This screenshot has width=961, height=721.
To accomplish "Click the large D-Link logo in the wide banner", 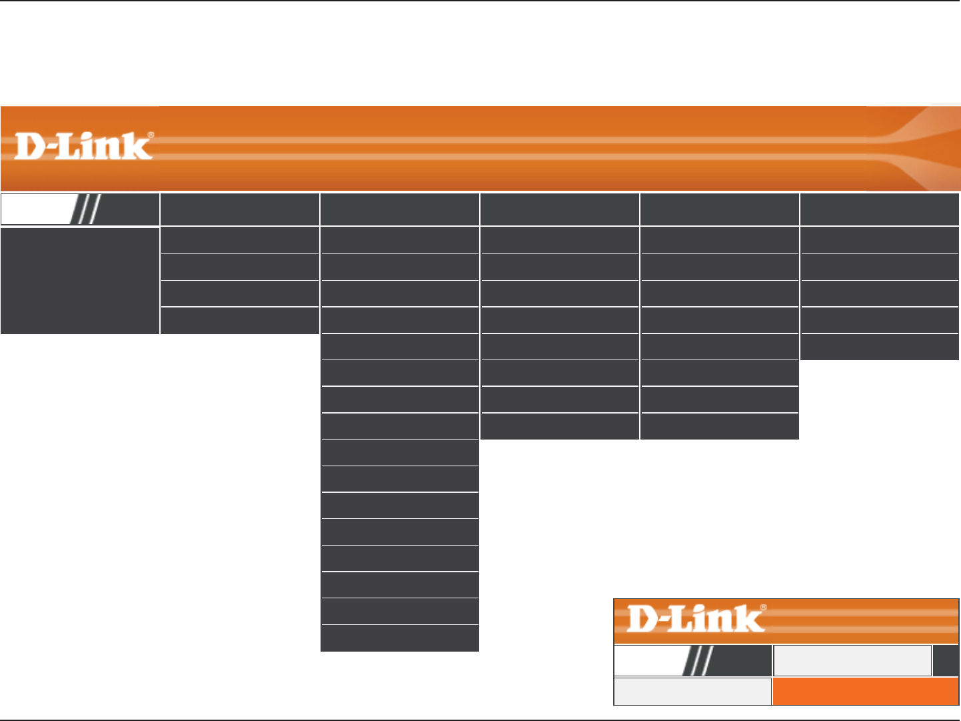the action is click(x=84, y=146).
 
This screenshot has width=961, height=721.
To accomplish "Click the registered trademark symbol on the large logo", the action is click(x=151, y=135).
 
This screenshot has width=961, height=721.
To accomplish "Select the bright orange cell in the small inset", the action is click(x=865, y=692).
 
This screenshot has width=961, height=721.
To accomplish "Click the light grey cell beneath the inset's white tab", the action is click(x=692, y=692).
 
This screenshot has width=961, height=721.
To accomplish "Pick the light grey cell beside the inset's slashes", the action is click(x=852, y=661).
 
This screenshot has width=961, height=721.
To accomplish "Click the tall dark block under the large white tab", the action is click(x=80, y=281).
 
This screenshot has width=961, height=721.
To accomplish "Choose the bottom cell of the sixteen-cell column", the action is click(x=400, y=638).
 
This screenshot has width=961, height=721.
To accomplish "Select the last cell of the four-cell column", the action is click(x=240, y=321).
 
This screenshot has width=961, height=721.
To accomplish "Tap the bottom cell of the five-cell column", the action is click(x=880, y=347).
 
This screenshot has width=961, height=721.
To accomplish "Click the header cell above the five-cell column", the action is click(x=880, y=209).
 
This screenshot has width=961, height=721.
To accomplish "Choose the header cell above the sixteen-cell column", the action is click(x=400, y=209).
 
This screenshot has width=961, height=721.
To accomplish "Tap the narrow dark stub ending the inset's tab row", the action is click(x=946, y=661).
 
